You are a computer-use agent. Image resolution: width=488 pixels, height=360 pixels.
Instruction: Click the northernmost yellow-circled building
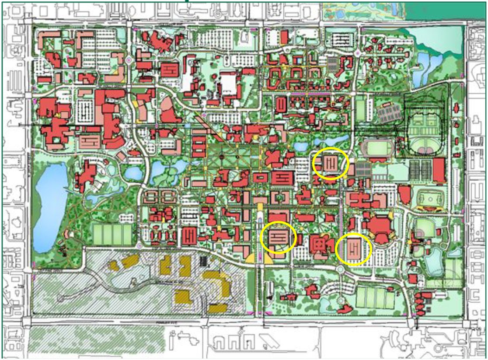(331, 164)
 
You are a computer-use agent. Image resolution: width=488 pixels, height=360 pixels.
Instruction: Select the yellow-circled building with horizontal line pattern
(279, 237)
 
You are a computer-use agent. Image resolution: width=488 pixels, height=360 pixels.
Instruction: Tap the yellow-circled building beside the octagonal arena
(354, 248)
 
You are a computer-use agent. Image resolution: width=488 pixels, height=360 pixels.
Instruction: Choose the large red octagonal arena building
(379, 229)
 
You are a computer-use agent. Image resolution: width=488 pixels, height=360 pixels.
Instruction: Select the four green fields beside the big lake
(112, 235)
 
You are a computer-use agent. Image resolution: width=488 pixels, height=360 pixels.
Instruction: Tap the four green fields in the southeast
(375, 297)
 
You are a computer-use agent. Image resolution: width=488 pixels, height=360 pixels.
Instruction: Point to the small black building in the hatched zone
(202, 262)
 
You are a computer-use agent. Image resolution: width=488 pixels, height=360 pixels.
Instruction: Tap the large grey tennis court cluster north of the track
(389, 115)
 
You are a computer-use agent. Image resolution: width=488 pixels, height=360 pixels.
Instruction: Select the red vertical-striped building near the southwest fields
(190, 236)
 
